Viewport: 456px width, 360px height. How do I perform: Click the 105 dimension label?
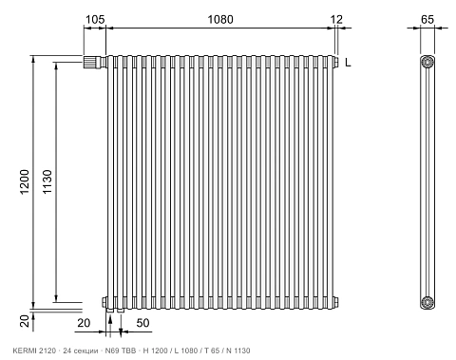pos(95,20)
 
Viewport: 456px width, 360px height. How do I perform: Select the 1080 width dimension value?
pos(220,20)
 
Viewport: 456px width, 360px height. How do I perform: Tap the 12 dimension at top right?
pos(336,20)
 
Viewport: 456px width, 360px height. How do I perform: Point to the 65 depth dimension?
pos(427,20)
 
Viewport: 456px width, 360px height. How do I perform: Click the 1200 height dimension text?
pos(25,182)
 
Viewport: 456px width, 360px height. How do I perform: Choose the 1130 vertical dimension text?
pos(47,182)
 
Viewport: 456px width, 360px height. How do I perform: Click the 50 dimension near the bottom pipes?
pos(142,323)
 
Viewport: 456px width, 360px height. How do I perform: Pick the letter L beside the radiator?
pos(348,63)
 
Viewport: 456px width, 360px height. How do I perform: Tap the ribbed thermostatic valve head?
pos(91,62)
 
